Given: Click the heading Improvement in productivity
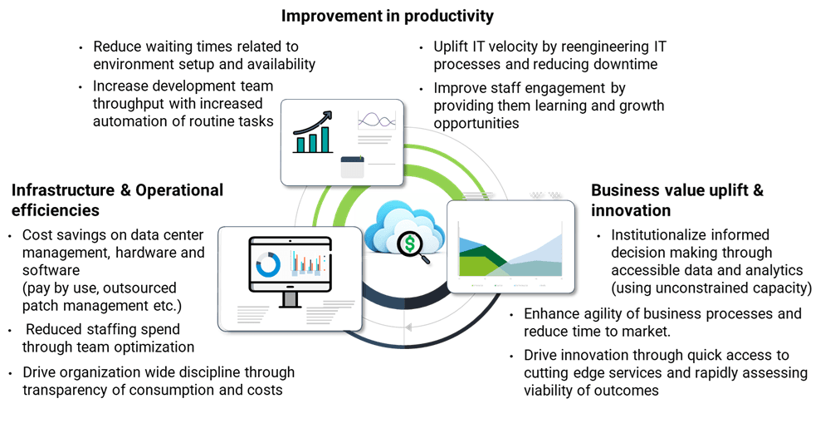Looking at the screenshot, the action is (x=387, y=16).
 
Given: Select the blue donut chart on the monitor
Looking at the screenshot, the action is (x=268, y=264).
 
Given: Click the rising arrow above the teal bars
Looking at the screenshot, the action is (x=313, y=125).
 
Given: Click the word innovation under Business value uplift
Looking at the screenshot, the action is (x=631, y=210).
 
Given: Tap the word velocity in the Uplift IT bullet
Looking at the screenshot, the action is (x=509, y=47).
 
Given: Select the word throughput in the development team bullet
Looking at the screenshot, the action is (x=129, y=104).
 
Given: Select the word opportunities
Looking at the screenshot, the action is (x=476, y=124).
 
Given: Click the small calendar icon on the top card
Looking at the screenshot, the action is (x=353, y=167).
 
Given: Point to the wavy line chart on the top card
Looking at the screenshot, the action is (x=377, y=121).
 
